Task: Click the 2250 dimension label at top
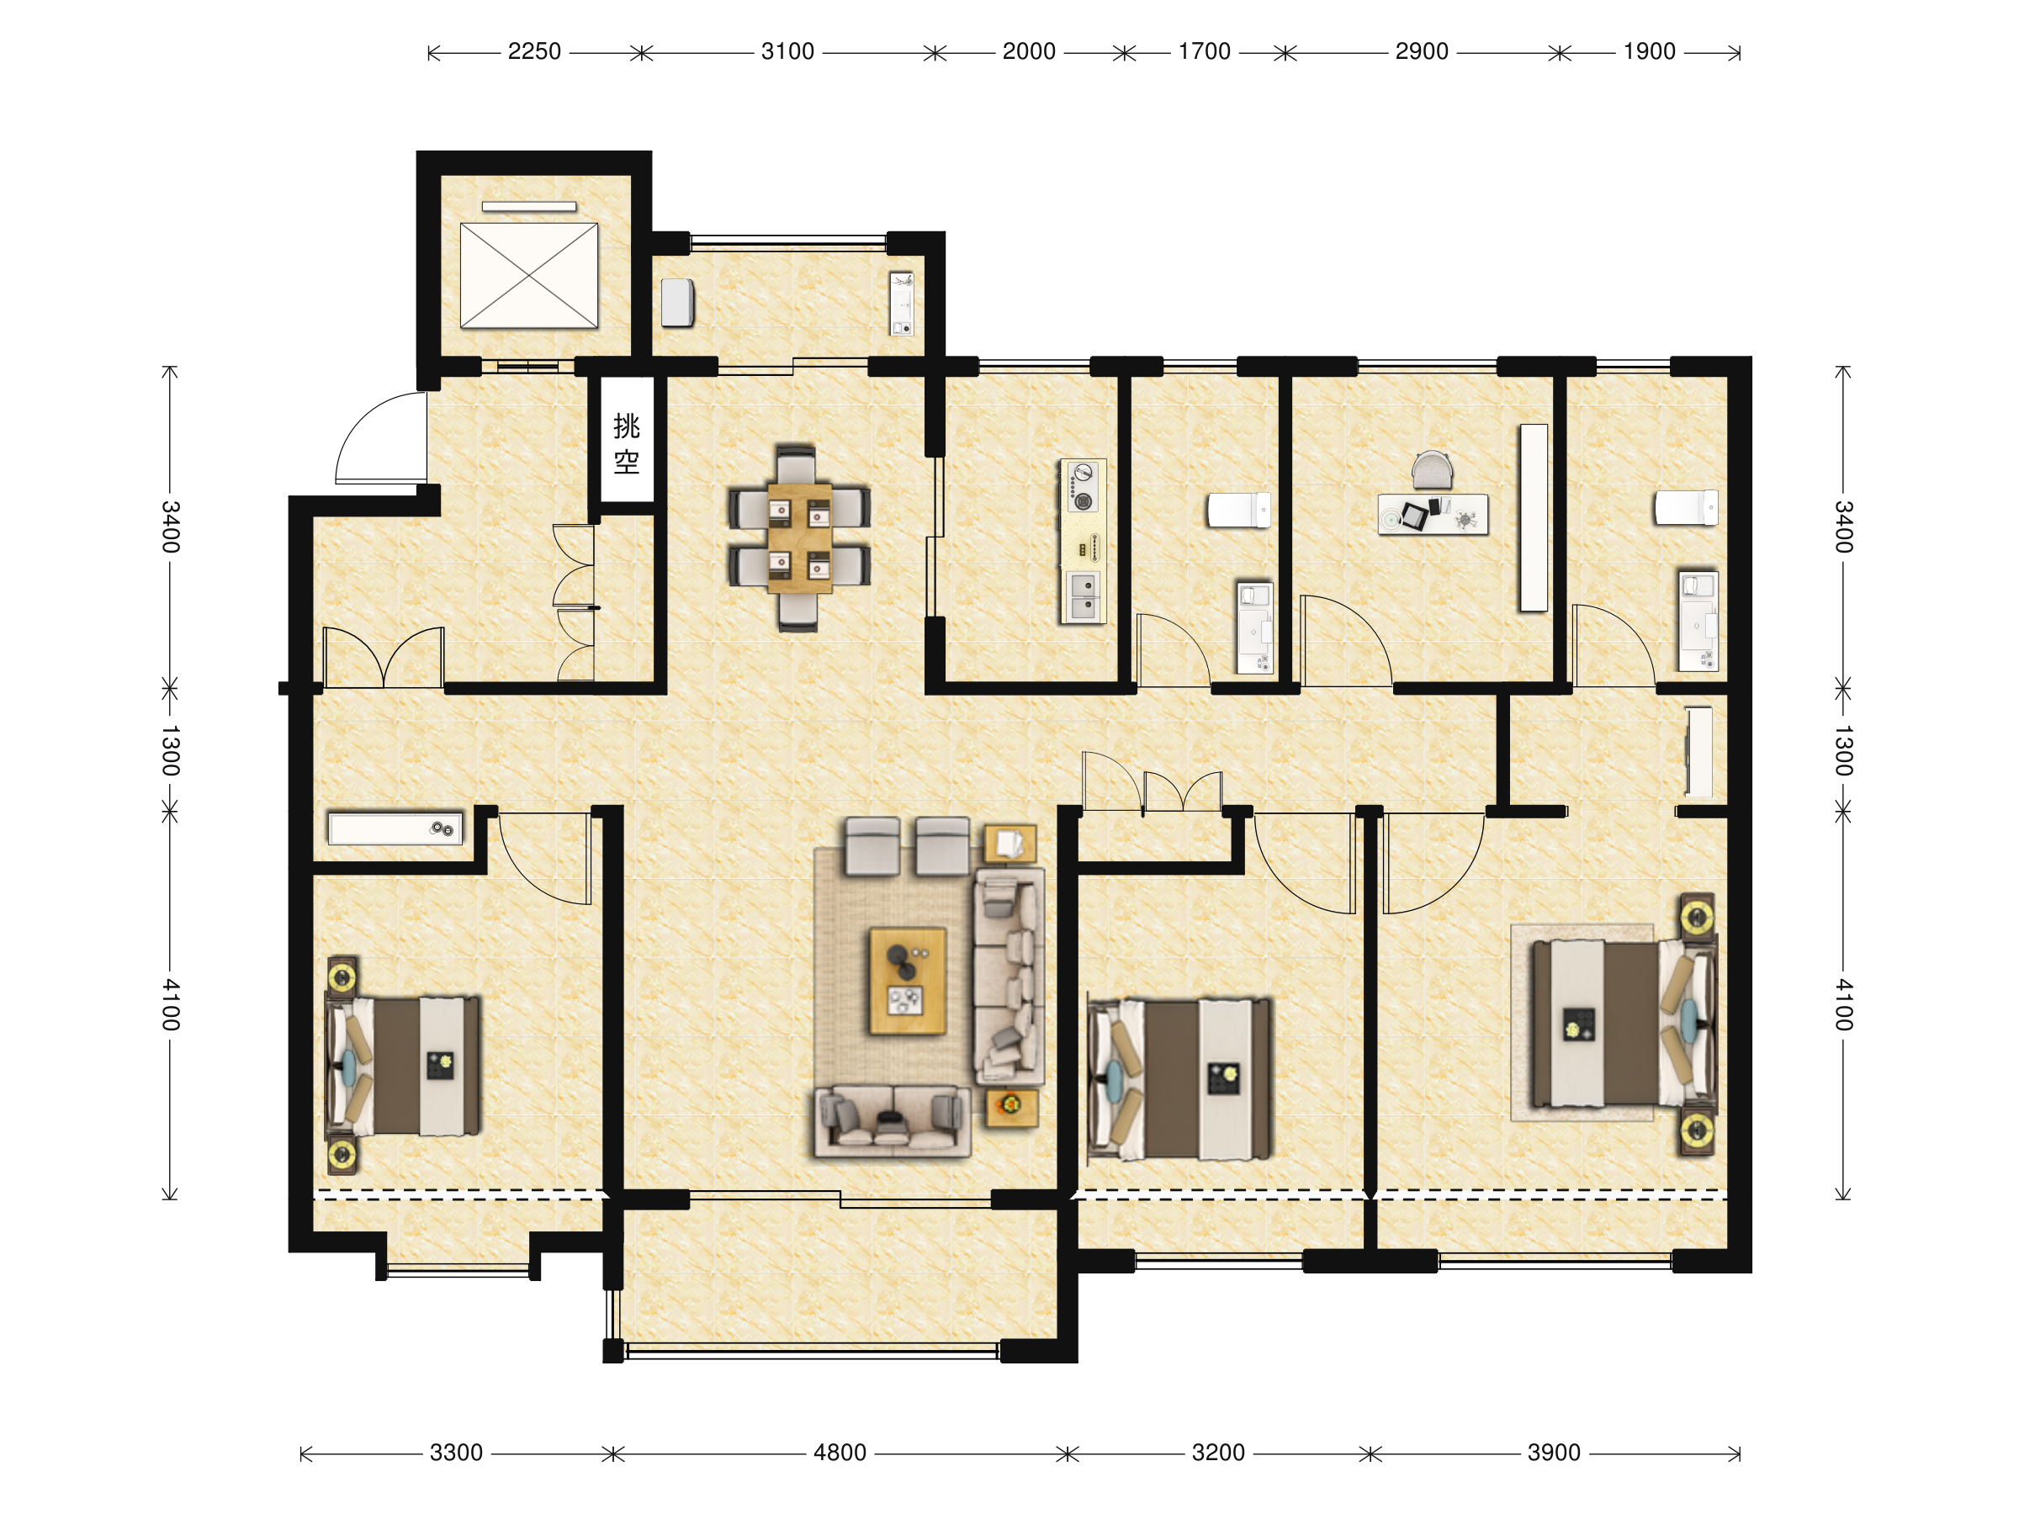coord(534,52)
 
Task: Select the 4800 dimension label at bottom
coord(840,1453)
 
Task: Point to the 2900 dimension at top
coord(1421,52)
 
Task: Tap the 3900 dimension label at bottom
coord(1554,1453)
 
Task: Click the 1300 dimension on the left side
coord(171,750)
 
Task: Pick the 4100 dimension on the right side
coord(1844,1005)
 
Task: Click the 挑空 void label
coord(626,443)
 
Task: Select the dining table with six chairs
coord(798,538)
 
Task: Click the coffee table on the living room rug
coord(907,981)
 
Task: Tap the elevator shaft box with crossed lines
coord(528,275)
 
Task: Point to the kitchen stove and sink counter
coord(1083,542)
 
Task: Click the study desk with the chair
coord(1432,496)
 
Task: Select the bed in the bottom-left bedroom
coord(402,1066)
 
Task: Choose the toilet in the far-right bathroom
coord(1686,508)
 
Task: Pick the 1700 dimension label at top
coord(1204,52)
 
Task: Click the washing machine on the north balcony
coord(677,302)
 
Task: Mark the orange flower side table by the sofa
coord(1011,1107)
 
